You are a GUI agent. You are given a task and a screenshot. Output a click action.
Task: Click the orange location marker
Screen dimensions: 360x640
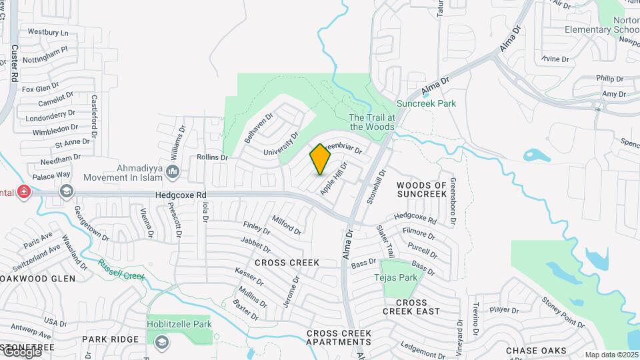coord(321,159)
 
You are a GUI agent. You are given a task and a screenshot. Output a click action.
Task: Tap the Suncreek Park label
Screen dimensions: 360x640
coord(426,104)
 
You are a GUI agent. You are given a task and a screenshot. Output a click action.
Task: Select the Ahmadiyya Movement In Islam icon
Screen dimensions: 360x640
coord(173,173)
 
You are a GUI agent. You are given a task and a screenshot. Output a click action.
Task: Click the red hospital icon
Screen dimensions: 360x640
coord(24,192)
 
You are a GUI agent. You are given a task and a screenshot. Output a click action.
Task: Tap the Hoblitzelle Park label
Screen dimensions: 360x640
coord(179,325)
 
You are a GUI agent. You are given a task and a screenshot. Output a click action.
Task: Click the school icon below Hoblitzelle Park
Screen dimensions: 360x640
coord(161,342)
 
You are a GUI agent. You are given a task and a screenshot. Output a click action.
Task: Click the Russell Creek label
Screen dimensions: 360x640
coord(121,269)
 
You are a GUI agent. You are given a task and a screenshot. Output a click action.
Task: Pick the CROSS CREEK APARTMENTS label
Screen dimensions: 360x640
coord(339,337)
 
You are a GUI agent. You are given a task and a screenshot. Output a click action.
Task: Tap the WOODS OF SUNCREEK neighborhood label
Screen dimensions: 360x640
coord(421,189)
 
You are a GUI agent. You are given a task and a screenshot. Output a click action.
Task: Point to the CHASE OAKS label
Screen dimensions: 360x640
coord(536,351)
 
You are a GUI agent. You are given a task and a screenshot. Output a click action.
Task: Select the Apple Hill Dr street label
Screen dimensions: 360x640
coord(334,178)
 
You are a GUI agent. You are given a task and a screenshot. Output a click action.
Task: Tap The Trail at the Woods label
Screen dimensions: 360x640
coord(372,122)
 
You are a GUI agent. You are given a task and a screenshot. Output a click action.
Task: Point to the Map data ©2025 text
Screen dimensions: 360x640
coord(611,355)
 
